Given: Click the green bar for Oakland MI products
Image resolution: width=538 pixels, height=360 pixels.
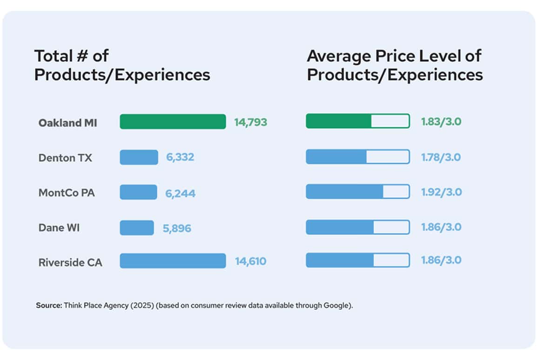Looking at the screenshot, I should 173,122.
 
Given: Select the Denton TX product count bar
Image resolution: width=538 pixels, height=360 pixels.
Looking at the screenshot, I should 139,157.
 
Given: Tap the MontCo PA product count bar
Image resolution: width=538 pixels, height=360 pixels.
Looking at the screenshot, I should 138,192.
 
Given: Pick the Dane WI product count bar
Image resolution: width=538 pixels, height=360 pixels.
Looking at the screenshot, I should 136,227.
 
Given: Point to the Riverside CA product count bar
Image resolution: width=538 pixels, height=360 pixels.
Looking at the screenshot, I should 173,261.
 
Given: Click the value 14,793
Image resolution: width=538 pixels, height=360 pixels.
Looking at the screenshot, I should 251,122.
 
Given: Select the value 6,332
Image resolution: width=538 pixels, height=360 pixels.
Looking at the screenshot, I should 180,158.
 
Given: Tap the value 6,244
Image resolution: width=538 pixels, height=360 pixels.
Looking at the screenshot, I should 180,193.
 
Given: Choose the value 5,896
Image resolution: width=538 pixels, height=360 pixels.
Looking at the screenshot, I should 176,228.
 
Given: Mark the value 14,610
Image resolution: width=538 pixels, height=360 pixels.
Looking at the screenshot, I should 250,261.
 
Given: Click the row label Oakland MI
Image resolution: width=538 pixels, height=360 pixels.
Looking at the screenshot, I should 68,123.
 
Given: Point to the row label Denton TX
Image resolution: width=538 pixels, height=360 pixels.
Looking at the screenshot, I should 65,158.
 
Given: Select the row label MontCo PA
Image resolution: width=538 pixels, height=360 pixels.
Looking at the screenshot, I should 67,193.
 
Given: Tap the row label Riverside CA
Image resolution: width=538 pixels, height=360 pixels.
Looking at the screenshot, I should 70,262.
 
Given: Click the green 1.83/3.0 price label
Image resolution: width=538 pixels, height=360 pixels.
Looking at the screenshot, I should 441,122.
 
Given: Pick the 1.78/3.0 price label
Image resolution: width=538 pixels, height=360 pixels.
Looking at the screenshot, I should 441,157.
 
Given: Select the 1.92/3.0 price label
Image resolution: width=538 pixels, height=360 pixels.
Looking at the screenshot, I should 441,192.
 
